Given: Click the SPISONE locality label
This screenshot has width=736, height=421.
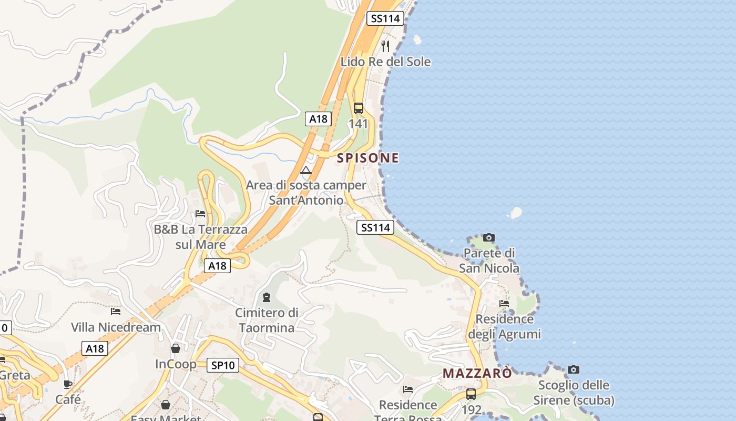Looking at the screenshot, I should coord(368,158).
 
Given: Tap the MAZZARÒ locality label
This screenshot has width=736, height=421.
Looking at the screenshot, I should coord(477,373).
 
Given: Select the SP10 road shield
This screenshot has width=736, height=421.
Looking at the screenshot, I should coord(223,365).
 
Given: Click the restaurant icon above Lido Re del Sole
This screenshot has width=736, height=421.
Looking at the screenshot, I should coord(385,46).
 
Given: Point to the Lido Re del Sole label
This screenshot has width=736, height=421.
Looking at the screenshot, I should coord(385,62).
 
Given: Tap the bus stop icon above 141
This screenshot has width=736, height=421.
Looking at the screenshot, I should coord(359,108).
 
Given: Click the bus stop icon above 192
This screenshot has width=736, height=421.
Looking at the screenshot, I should coord(471,394).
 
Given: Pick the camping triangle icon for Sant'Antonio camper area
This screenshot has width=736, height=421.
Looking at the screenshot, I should coord(306,170).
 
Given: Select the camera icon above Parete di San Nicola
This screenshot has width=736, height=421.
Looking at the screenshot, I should coord(489,237).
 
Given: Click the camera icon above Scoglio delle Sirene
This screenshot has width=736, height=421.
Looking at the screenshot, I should coord(574,369).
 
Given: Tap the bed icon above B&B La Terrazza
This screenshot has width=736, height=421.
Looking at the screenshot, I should coord(200,214).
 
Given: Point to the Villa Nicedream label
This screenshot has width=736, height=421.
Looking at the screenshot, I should coord(116,327).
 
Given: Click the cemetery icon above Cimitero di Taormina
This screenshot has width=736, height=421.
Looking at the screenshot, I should coord(267,297).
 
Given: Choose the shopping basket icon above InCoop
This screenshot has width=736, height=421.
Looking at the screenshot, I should coord(176,348).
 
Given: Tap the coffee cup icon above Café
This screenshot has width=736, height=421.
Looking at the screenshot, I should coord(68,384).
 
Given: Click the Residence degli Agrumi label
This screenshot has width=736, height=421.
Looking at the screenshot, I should coord(504,326).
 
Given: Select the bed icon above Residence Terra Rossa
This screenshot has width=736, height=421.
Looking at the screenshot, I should coord(408,389).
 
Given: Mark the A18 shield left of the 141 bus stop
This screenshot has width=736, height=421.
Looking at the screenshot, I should coord(318,119).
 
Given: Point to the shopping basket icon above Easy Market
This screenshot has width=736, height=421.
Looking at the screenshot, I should coord(166,405).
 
